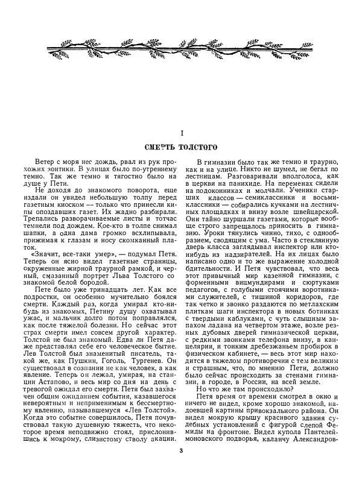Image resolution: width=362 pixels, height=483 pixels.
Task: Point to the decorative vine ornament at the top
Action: pos(181,45)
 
